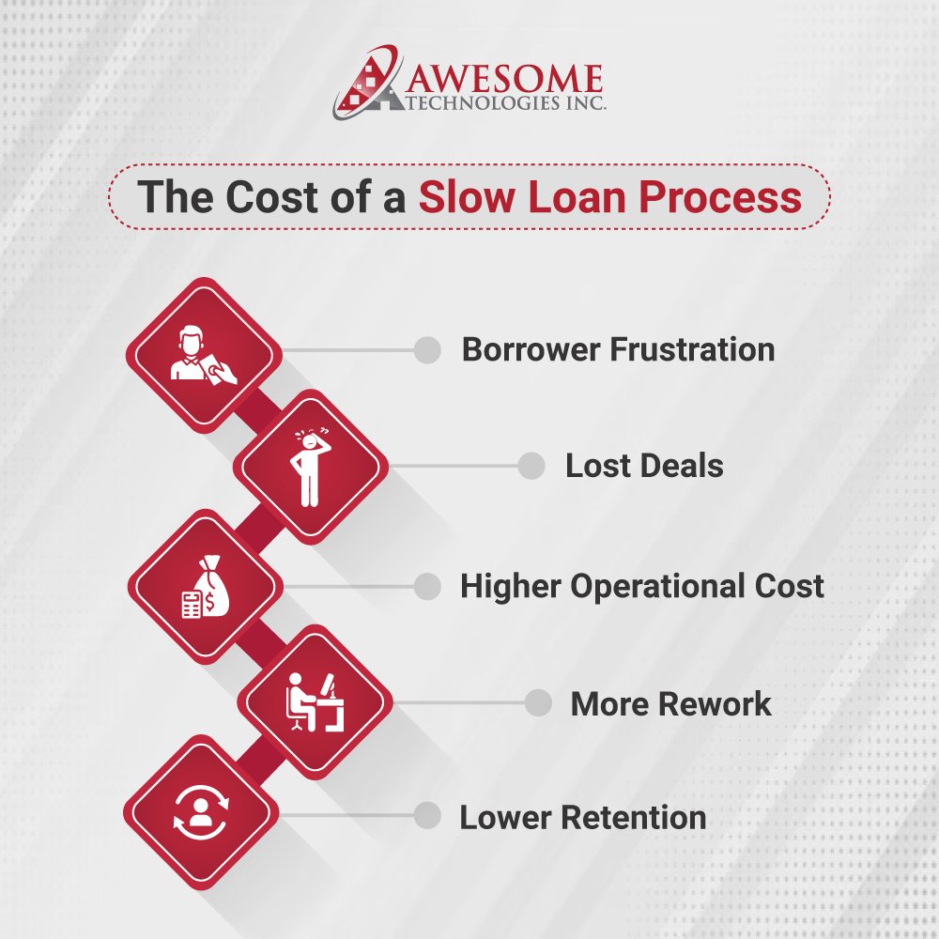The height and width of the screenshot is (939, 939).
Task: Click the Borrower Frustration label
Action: pyautogui.click(x=618, y=350)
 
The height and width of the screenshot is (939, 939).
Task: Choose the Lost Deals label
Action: pyautogui.click(x=644, y=466)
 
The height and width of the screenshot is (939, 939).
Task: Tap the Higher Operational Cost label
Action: pyautogui.click(x=641, y=587)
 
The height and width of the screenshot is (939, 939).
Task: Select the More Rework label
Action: pyautogui.click(x=670, y=704)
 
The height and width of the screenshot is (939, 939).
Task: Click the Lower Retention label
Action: pyautogui.click(x=582, y=817)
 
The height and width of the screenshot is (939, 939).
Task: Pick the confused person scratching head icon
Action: pyautogui.click(x=310, y=467)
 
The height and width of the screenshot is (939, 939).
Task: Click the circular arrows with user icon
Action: pyautogui.click(x=201, y=812)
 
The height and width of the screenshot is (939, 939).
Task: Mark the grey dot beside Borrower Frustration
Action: pyautogui.click(x=427, y=350)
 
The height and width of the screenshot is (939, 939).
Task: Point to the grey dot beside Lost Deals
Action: pyautogui.click(x=531, y=466)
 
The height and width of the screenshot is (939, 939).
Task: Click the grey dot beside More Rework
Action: pyautogui.click(x=538, y=703)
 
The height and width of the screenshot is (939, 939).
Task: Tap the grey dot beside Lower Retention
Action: pyautogui.click(x=427, y=816)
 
